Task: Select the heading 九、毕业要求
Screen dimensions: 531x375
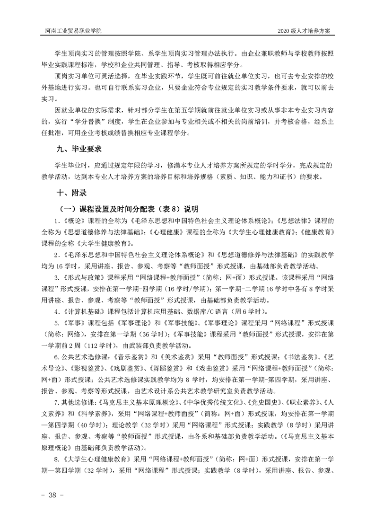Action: (x=79, y=149)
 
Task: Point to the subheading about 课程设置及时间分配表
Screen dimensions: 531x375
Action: (x=129, y=209)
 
